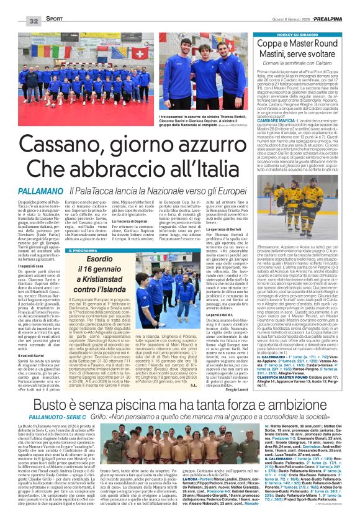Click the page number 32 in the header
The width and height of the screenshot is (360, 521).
(x=16, y=21)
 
